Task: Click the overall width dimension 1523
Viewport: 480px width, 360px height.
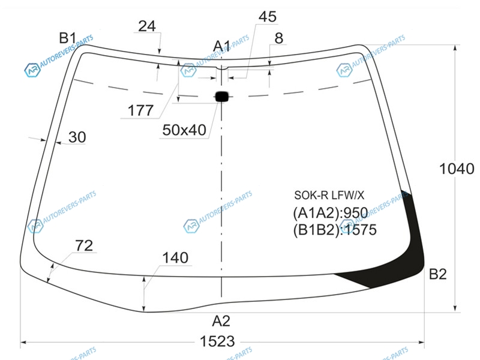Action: point(217,341)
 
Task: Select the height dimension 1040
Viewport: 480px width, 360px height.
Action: point(457,169)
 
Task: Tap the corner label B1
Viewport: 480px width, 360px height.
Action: point(67,38)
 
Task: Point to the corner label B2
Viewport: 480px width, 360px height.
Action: point(438,274)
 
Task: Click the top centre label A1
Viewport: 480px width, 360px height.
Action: point(221,46)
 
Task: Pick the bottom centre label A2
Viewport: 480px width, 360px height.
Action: point(221,321)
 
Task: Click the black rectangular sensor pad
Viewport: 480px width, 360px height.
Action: point(222,97)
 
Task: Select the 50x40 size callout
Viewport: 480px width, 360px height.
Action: point(184,130)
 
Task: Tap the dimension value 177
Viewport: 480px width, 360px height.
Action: point(140,110)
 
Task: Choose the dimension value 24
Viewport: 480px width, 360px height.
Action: point(147,26)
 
